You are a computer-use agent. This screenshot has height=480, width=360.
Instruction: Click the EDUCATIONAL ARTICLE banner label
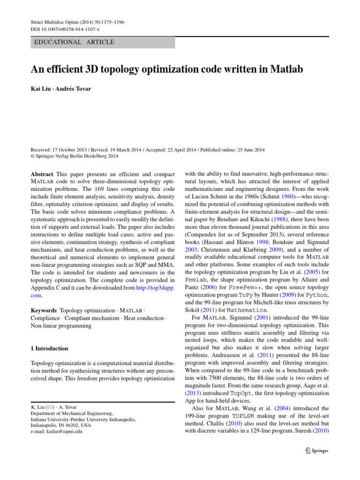pyautogui.click(x=74, y=42)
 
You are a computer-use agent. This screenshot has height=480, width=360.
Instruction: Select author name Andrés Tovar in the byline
pyautogui.click(x=74, y=89)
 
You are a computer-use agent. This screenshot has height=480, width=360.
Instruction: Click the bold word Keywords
pyautogui.click(x=44, y=310)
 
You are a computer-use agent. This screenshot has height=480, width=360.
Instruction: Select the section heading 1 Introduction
pyautogui.click(x=49, y=348)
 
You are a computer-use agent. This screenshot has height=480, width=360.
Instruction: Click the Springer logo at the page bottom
pyautogui.click(x=317, y=451)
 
